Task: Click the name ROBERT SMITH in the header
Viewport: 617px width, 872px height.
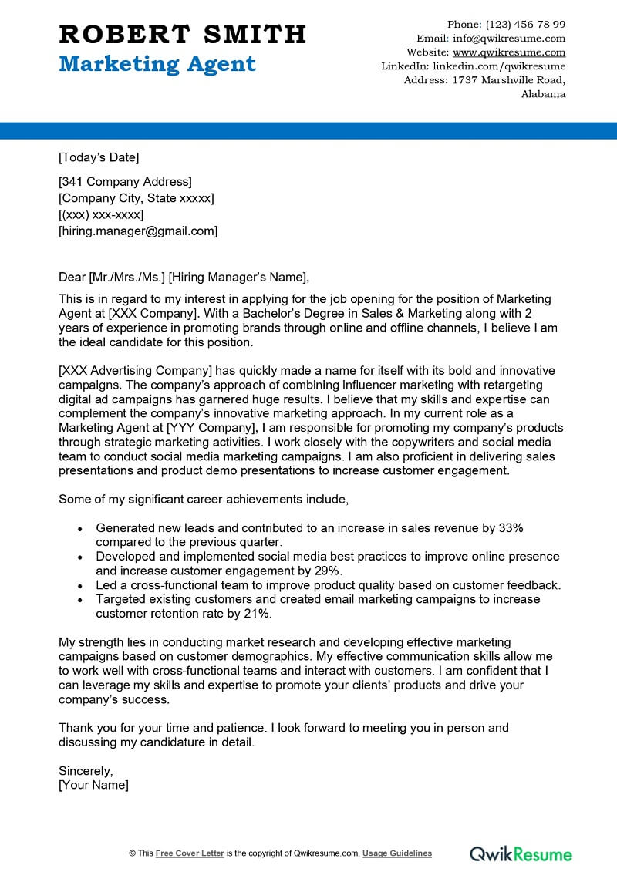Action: click(182, 34)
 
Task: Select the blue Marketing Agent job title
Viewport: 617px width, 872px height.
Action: click(157, 63)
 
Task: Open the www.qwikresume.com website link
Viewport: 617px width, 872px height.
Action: click(509, 52)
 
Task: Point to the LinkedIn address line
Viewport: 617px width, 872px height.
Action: click(474, 66)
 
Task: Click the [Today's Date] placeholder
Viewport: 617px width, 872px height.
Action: click(99, 158)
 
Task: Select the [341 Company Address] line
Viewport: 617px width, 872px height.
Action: click(125, 182)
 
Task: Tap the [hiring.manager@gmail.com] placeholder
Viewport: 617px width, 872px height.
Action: click(138, 231)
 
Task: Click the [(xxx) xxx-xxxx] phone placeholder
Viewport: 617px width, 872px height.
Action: click(101, 214)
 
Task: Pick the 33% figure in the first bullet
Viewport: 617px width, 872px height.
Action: click(511, 528)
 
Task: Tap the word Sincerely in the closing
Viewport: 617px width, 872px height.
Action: click(86, 770)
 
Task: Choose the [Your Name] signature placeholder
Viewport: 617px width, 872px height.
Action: click(93, 785)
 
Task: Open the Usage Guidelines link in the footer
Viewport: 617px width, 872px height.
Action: click(397, 853)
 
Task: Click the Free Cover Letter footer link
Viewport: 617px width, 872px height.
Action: click(190, 853)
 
